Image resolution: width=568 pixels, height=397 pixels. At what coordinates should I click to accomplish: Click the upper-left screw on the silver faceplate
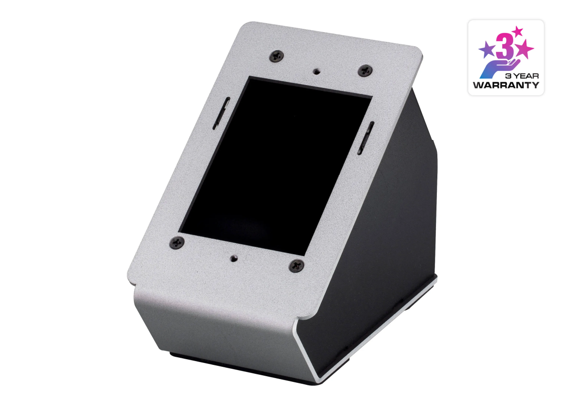pos(276,56)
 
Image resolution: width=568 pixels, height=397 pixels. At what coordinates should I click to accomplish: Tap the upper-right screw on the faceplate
pos(365,70)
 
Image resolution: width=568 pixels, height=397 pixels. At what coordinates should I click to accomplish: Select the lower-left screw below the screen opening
pos(177,242)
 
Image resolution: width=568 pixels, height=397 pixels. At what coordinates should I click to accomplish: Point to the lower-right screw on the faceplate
pos(296,266)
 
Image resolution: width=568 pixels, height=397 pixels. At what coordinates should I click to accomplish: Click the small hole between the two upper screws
pos(316,71)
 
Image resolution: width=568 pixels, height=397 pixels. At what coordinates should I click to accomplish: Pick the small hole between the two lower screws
pos(233,258)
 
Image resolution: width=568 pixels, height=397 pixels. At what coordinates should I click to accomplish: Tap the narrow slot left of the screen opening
pos(222,113)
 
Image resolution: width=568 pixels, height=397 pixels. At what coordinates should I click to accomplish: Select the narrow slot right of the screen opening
pos(365,138)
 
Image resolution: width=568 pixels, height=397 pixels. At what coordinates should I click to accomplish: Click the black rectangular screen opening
pos(275,166)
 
